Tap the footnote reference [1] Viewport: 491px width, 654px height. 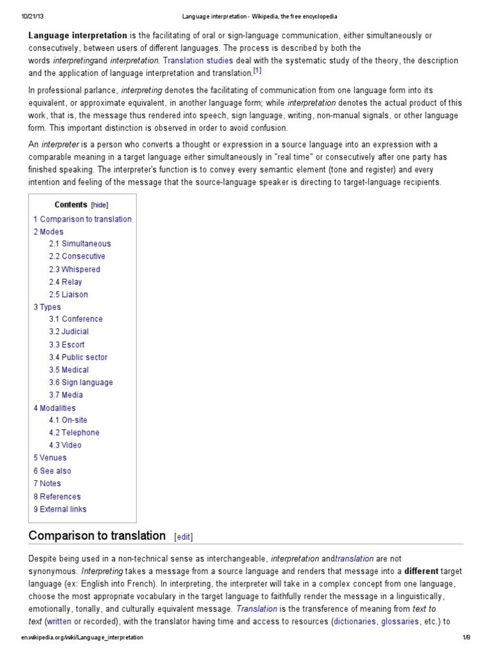[x=256, y=72]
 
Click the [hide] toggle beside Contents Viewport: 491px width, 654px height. [x=100, y=205]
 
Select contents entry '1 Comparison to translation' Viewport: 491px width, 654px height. [x=82, y=219]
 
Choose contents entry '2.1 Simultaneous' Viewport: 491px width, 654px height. [x=80, y=243]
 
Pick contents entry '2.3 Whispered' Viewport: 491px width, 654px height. [x=75, y=269]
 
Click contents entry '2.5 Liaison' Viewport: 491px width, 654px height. [x=69, y=294]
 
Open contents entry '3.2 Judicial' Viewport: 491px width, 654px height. [x=69, y=331]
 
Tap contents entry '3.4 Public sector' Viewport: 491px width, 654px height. [x=79, y=357]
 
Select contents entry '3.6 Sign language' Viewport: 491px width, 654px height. [x=81, y=383]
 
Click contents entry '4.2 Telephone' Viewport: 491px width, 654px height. [x=74, y=432]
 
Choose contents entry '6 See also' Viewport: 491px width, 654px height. [x=52, y=471]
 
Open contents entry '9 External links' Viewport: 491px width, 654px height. [x=60, y=509]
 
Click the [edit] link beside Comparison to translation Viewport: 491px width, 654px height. [x=183, y=537]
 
